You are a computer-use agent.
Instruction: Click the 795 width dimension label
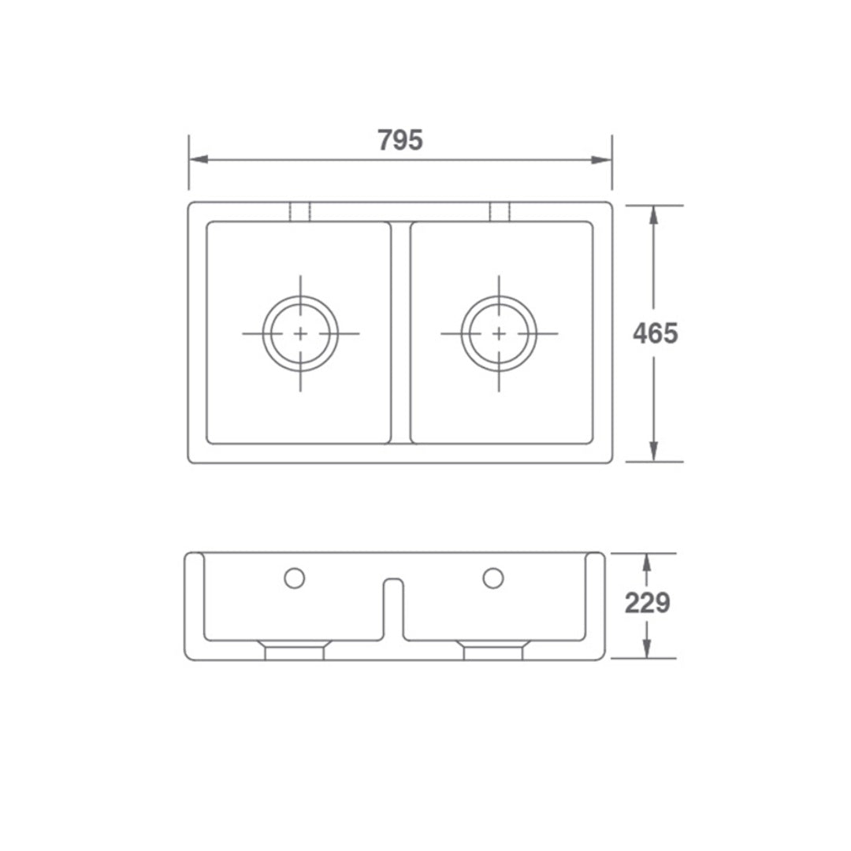[x=400, y=140]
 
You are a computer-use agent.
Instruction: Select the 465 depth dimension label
[x=655, y=334]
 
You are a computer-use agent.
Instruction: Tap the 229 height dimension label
[x=647, y=604]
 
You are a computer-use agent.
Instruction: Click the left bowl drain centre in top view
[x=300, y=333]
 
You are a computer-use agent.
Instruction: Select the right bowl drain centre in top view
[x=499, y=333]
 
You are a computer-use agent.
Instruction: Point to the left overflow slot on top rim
[x=300, y=212]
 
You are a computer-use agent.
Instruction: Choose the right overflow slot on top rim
[x=500, y=212]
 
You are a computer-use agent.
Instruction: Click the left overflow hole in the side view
[x=294, y=578]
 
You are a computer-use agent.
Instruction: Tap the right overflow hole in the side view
[x=493, y=578]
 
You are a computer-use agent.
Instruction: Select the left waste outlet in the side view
[x=294, y=651]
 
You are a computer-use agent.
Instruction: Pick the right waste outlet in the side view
[x=493, y=651]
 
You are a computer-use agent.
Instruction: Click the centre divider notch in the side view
[x=393, y=607]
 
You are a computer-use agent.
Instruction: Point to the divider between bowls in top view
[x=400, y=333]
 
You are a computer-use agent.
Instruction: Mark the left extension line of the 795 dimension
[x=189, y=162]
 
